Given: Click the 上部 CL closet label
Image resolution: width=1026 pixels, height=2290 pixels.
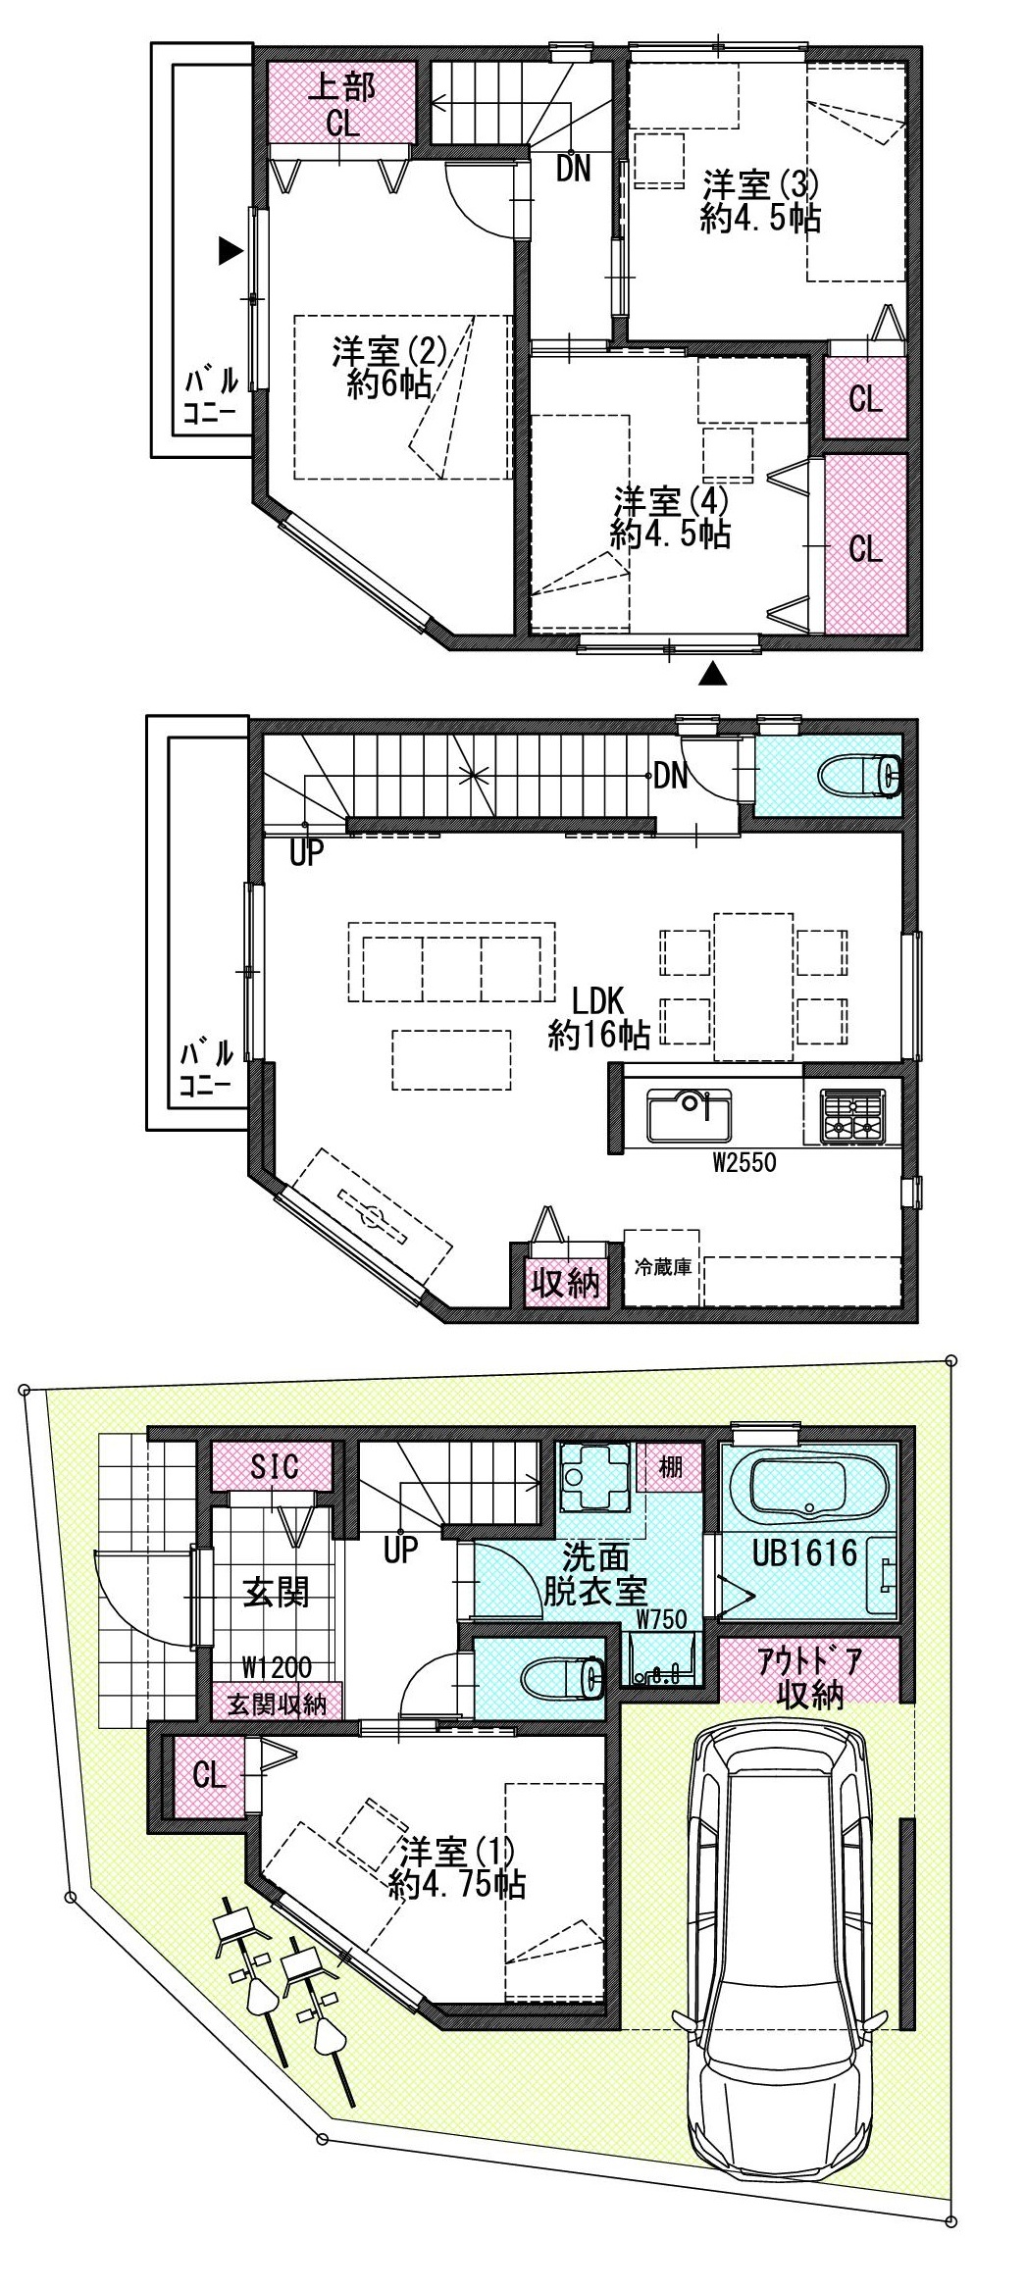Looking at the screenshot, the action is click(x=341, y=106).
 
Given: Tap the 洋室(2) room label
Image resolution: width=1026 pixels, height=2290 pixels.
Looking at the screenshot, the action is click(x=389, y=368).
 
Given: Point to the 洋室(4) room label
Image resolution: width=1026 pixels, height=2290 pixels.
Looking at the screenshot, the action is click(x=671, y=518).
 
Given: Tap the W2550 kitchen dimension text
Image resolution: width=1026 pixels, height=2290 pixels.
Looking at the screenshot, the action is click(x=744, y=1163).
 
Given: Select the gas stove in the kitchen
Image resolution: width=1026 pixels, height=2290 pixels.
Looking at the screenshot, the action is click(x=852, y=1116).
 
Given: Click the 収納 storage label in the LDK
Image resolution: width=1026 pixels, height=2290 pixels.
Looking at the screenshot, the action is click(x=565, y=1283).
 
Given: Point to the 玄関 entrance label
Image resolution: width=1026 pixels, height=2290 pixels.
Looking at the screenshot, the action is click(x=276, y=1592).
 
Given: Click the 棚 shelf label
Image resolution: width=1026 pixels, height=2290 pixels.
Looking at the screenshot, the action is click(x=671, y=1468).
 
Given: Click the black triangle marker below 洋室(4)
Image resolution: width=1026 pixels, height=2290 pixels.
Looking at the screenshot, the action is click(x=716, y=674).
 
